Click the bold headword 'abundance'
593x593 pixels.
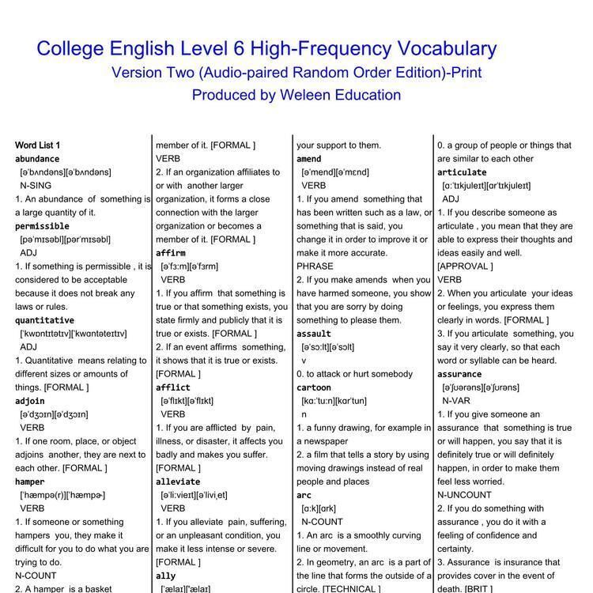[37, 159]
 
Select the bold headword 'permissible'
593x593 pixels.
[42, 226]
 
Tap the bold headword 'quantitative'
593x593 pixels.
[44, 320]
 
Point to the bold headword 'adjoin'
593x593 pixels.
[30, 401]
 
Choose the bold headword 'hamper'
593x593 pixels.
[30, 482]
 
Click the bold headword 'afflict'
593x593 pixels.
[173, 387]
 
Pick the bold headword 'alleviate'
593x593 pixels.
[178, 482]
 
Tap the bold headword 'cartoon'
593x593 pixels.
[314, 387]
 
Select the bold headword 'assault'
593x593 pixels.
[314, 334]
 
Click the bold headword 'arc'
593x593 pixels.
[304, 495]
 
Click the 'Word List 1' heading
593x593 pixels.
[37, 145]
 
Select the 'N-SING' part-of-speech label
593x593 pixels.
[36, 186]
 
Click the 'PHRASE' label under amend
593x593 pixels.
[315, 266]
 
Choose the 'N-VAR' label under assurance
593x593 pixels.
[456, 401]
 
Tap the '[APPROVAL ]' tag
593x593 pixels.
[465, 266]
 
